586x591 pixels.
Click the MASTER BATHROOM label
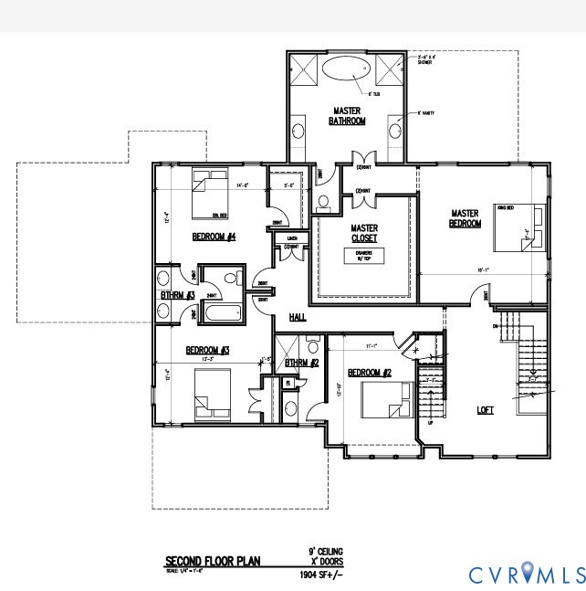347,116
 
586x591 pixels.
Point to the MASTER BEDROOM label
465,219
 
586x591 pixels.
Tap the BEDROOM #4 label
215,237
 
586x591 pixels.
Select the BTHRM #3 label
177,295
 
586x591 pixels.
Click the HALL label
298,317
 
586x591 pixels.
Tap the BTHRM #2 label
300,363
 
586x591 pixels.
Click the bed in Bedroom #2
387,398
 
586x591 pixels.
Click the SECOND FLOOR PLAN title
212,560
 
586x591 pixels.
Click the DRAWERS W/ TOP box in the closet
364,256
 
